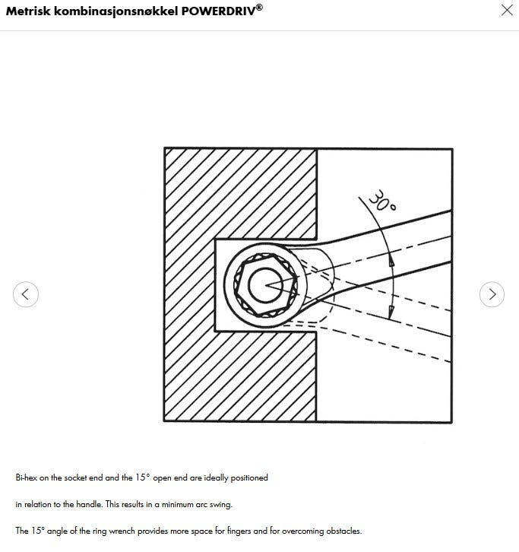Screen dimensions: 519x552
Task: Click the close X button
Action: pyautogui.click(x=507, y=10)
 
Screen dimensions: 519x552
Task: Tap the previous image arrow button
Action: pyautogui.click(x=26, y=294)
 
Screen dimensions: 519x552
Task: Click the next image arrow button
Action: pyautogui.click(x=492, y=294)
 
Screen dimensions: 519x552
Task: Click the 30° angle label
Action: pyautogui.click(x=382, y=201)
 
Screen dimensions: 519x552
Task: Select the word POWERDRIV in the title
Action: pyautogui.click(x=218, y=11)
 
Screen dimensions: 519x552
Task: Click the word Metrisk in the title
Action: pyautogui.click(x=28, y=11)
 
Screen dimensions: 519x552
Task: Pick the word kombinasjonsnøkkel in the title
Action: pyautogui.click(x=116, y=12)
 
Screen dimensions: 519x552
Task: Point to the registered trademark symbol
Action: pyautogui.click(x=259, y=7)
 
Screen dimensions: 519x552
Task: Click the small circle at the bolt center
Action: pyautogui.click(x=265, y=285)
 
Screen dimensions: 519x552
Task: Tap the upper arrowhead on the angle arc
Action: pyautogui.click(x=391, y=261)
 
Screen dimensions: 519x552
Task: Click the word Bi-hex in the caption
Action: pyautogui.click(x=27, y=477)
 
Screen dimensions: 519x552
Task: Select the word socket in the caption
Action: pyautogui.click(x=75, y=477)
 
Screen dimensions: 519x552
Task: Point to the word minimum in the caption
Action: pyautogui.click(x=177, y=504)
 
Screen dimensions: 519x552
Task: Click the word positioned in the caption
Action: pyautogui.click(x=249, y=478)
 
